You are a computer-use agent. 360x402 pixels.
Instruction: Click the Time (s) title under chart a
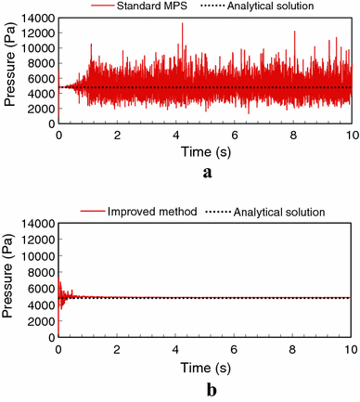tap(205, 151)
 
